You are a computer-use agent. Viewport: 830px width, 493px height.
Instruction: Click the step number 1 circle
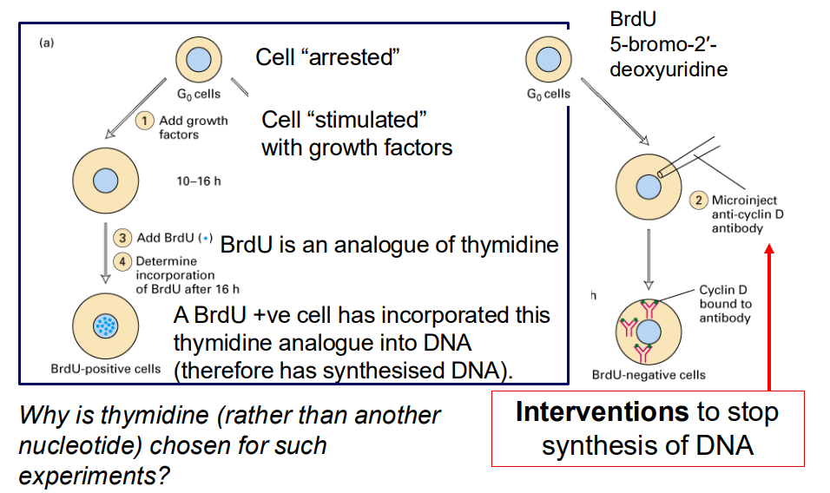coord(148,122)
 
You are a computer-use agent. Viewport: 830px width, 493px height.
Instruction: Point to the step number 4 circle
coord(124,260)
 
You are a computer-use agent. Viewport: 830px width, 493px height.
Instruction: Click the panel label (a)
coord(45,44)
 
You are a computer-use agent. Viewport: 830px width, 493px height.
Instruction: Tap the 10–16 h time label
coord(199,181)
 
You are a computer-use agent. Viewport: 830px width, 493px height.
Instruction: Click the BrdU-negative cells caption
coord(648,375)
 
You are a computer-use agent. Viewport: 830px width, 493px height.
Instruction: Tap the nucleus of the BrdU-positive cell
coord(104,325)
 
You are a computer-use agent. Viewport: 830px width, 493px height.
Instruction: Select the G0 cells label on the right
coord(548,94)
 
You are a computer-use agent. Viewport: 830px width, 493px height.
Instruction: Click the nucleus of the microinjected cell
coord(649,186)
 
